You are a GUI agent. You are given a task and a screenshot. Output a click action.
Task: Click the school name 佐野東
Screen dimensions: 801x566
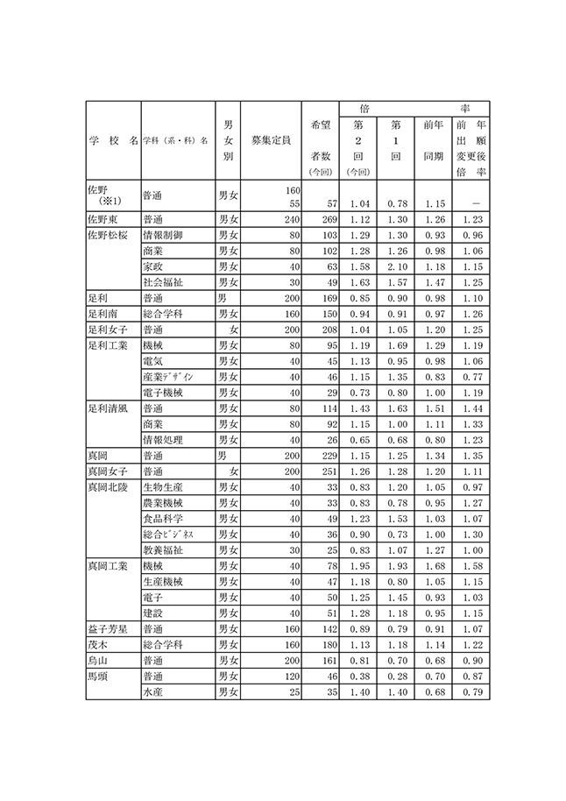click(103, 219)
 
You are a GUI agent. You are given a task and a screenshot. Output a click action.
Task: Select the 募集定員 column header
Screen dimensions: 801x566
click(271, 140)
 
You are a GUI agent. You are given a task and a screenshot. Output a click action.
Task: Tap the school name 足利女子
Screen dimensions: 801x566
click(109, 330)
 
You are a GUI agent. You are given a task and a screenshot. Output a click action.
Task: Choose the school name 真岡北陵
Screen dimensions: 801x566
click(109, 487)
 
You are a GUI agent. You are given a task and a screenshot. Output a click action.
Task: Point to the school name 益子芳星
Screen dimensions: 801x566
click(109, 629)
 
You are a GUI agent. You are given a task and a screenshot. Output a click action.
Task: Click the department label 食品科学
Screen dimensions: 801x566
click(164, 519)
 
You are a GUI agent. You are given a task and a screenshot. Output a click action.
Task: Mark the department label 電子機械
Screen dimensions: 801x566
click(164, 393)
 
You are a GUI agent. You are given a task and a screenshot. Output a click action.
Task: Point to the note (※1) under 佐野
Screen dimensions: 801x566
click(109, 202)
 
